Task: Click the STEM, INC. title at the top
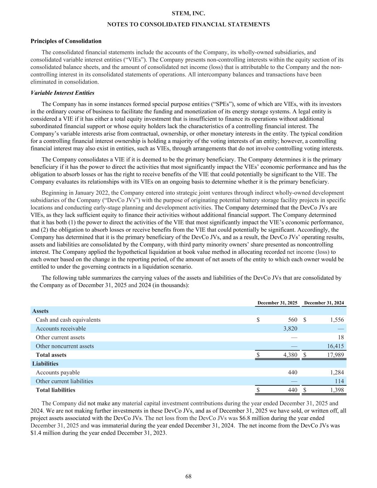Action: pyautogui.click(x=188, y=14)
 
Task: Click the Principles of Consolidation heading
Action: pyautogui.click(x=66, y=41)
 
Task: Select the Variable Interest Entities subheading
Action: pyautogui.click(x=63, y=93)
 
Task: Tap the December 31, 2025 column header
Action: pyautogui.click(x=277, y=303)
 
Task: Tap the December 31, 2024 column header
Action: pyautogui.click(x=324, y=303)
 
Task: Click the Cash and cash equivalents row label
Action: pyautogui.click(x=68, y=320)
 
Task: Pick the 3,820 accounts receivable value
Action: pyautogui.click(x=290, y=329)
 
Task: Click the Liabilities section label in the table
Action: pyautogui.click(x=45, y=364)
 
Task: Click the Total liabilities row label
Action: pyautogui.click(x=55, y=390)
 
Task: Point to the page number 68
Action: pyautogui.click(x=188, y=477)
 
